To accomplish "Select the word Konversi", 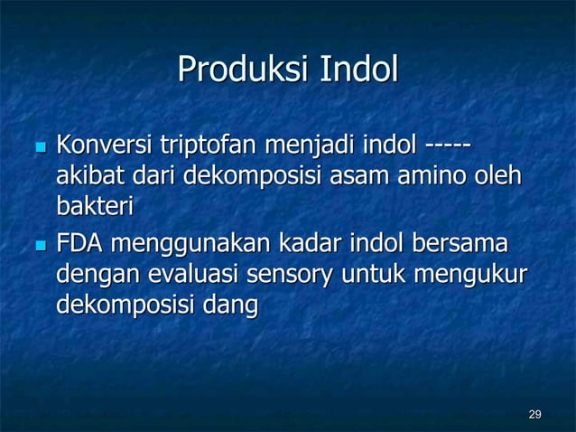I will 104,144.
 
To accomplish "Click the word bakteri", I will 95,207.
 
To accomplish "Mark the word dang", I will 233,307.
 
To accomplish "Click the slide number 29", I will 534,414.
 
